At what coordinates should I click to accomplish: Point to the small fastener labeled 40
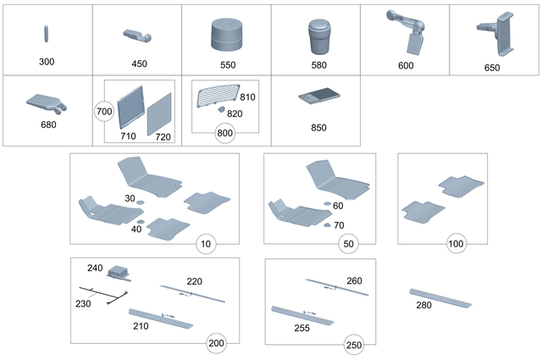tap(142, 222)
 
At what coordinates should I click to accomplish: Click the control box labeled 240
tap(119, 273)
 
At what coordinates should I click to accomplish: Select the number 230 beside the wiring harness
tap(83, 303)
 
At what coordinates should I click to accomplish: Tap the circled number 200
tap(218, 343)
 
